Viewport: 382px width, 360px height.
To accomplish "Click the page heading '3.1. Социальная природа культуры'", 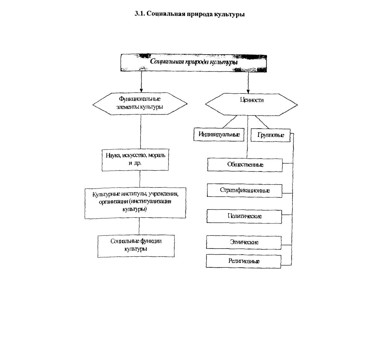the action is [x=190, y=14].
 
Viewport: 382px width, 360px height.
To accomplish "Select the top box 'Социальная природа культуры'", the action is [x=194, y=63].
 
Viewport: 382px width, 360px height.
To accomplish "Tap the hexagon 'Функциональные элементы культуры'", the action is [x=140, y=104].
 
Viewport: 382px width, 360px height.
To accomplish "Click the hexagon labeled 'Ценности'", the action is [x=251, y=104].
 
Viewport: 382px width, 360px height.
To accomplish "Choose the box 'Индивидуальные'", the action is [x=219, y=135].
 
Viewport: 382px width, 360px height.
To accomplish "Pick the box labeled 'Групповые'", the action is [x=270, y=135].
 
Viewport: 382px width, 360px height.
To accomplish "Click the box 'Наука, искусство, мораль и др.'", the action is [x=135, y=160].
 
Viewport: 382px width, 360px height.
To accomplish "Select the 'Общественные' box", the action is [x=245, y=165].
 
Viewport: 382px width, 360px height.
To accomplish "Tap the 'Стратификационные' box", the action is [x=245, y=190].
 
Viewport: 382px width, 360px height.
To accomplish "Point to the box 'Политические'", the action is [x=244, y=216].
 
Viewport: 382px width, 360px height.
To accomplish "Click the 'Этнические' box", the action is [x=244, y=242].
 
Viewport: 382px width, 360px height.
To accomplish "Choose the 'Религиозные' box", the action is [x=244, y=261].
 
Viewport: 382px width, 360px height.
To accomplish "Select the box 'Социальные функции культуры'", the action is [x=136, y=246].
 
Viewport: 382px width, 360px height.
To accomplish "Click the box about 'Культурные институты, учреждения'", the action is [x=135, y=203].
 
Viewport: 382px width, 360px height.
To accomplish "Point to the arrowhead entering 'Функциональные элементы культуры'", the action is [x=141, y=91].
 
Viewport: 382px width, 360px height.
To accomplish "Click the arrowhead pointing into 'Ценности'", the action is [x=248, y=92].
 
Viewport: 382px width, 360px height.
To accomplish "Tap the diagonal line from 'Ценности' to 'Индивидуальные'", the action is [x=230, y=122].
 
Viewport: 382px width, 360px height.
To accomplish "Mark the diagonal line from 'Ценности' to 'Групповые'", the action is [x=262, y=122].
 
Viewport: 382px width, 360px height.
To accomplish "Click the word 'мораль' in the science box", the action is [x=157, y=155].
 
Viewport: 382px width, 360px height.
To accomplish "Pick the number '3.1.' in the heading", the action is [x=140, y=14].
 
